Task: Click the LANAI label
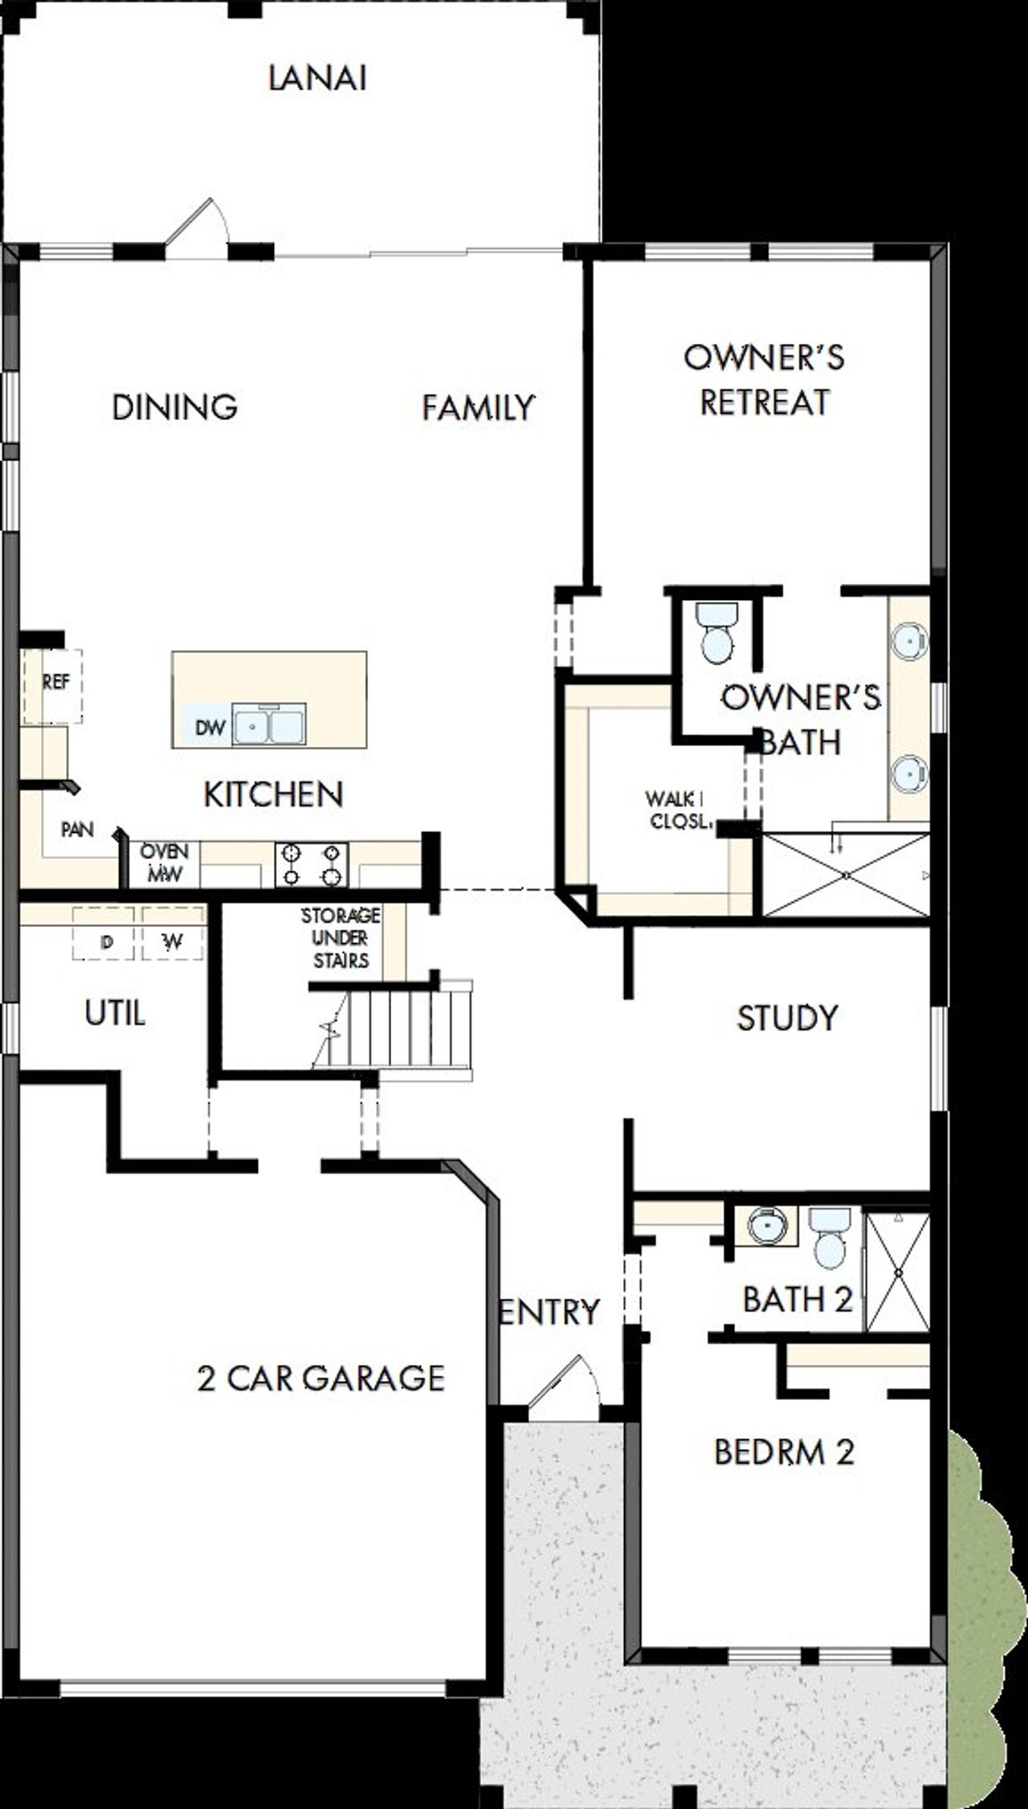pyautogui.click(x=317, y=79)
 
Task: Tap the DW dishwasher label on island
pyautogui.click(x=210, y=728)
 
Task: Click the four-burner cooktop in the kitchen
pyautogui.click(x=312, y=864)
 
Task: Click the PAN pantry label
pyautogui.click(x=78, y=829)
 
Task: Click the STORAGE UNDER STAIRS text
pyautogui.click(x=341, y=937)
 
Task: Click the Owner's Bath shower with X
pyautogui.click(x=846, y=875)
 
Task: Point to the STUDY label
pyautogui.click(x=787, y=1018)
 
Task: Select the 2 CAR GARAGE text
pyautogui.click(x=320, y=1378)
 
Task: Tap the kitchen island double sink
pyautogui.click(x=269, y=725)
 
